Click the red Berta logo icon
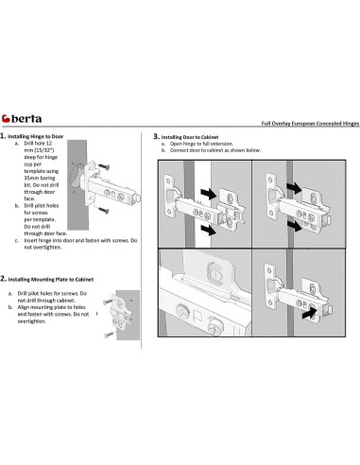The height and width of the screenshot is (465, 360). click(6, 119)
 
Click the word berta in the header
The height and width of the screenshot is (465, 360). click(26, 119)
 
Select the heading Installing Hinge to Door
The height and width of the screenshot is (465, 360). click(36, 136)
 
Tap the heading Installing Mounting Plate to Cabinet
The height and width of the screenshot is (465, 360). click(51, 280)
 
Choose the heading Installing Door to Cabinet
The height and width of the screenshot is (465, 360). click(190, 137)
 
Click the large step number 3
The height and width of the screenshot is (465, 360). click(156, 136)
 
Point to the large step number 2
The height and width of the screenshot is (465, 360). click(3, 279)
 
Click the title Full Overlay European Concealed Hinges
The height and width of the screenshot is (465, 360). click(310, 124)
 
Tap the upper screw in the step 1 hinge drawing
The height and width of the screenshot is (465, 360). click(104, 166)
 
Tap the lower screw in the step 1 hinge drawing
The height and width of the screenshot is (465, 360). click(104, 210)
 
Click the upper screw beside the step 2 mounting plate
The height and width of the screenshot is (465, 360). click(108, 301)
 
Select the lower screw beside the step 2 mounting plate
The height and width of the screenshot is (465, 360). click(109, 335)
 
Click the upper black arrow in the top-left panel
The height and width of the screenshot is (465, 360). click(209, 193)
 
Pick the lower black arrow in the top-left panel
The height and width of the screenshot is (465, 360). click(209, 230)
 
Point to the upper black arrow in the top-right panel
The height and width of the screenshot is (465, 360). click(295, 188)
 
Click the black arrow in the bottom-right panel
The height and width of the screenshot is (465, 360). click(310, 313)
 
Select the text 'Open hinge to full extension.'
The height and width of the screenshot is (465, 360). click(201, 144)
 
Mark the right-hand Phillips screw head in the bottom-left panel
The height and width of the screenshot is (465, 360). click(216, 328)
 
